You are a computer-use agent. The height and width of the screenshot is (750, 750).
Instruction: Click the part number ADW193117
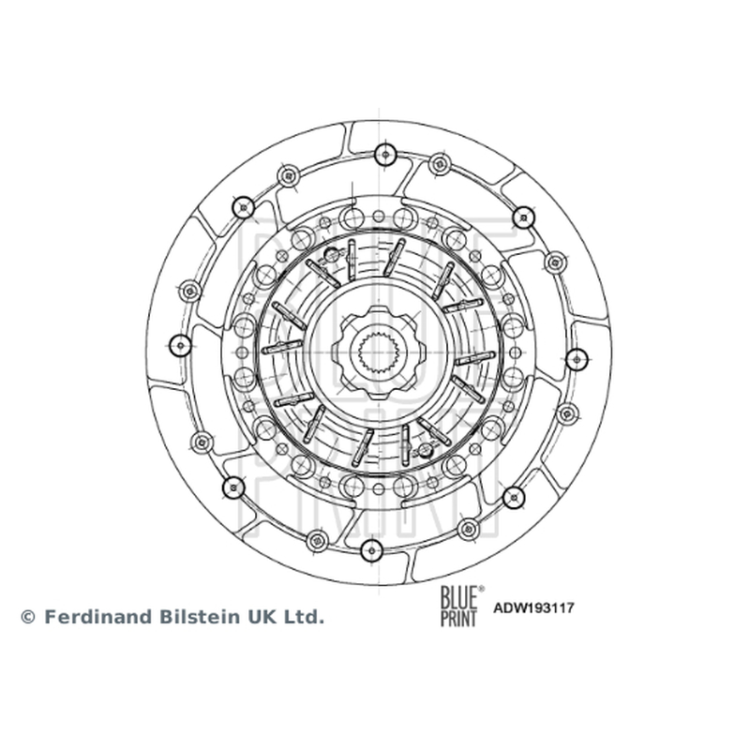point(533,608)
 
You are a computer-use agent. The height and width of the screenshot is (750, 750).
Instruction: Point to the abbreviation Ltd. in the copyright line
point(303,617)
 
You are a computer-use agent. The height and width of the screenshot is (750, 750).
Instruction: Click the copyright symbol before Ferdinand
point(28,617)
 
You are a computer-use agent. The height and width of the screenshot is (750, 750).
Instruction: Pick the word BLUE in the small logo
point(459,596)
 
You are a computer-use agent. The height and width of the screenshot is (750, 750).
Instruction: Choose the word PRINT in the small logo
point(459,617)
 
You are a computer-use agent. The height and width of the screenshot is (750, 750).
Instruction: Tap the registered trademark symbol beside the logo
point(481,589)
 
